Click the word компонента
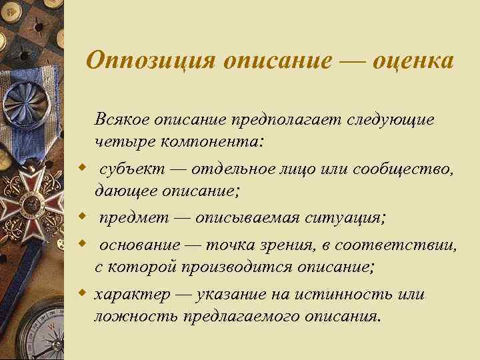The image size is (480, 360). coord(210,142)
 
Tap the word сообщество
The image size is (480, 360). coord(405,168)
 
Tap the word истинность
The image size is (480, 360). coord(357,294)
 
